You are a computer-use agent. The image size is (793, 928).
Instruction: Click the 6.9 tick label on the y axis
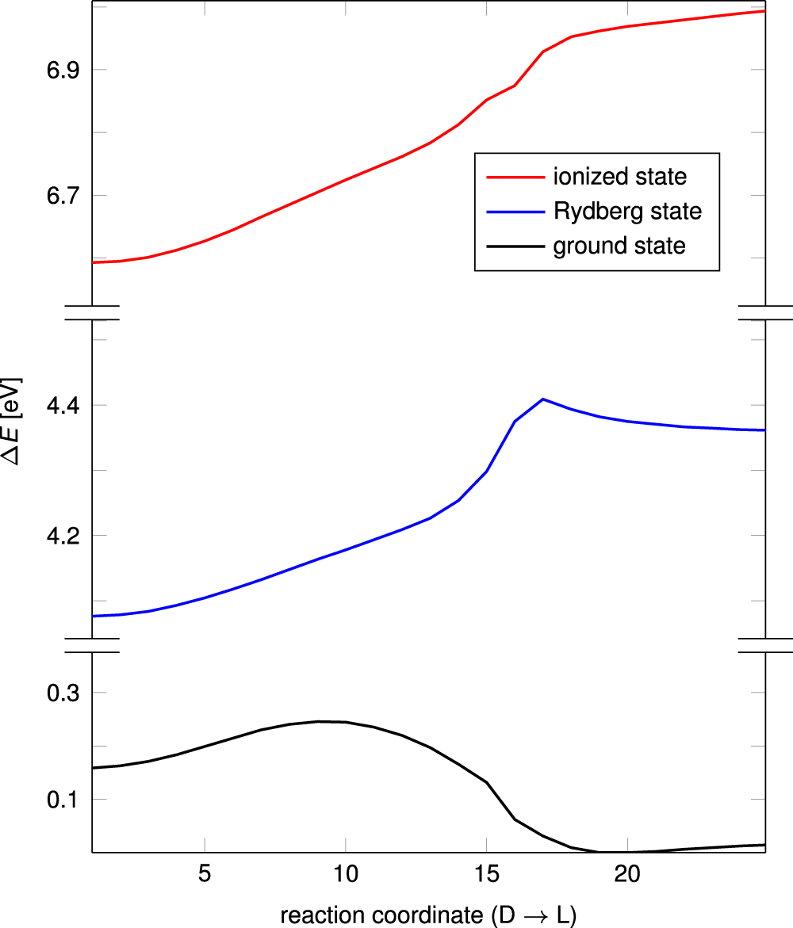coord(63,71)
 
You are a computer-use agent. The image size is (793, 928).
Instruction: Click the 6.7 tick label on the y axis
coord(63,196)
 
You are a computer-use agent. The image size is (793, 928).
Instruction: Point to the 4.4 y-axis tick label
coord(63,406)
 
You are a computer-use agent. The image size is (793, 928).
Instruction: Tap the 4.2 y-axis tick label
coord(63,536)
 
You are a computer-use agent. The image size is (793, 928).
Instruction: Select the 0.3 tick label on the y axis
coord(63,693)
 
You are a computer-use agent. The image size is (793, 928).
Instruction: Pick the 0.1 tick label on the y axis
coord(63,800)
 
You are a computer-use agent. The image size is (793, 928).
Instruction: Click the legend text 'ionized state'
coord(619,176)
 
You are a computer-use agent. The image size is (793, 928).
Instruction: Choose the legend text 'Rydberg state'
coord(627,212)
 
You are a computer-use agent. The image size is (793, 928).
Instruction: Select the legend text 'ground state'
coord(619,246)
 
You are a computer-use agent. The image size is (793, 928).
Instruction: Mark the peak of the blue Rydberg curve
coord(542,399)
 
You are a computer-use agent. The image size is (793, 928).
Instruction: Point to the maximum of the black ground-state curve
coord(318,721)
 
